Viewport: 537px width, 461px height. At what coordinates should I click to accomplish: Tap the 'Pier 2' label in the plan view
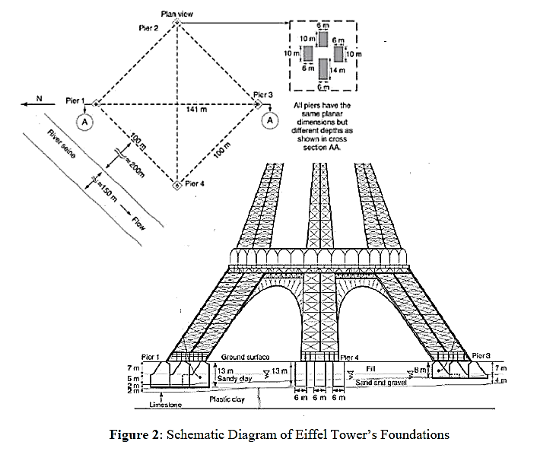(x=149, y=28)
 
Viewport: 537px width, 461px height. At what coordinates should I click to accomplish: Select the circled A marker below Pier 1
(x=86, y=121)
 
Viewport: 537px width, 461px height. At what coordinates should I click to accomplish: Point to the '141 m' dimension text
(x=197, y=110)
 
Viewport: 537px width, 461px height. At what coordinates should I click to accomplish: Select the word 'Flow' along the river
(x=138, y=222)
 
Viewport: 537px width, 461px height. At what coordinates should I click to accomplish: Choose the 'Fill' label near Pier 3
(x=371, y=368)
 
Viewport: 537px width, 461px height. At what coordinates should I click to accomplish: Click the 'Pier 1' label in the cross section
(x=151, y=357)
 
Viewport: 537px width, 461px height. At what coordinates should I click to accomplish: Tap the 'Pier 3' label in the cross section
(x=481, y=355)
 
